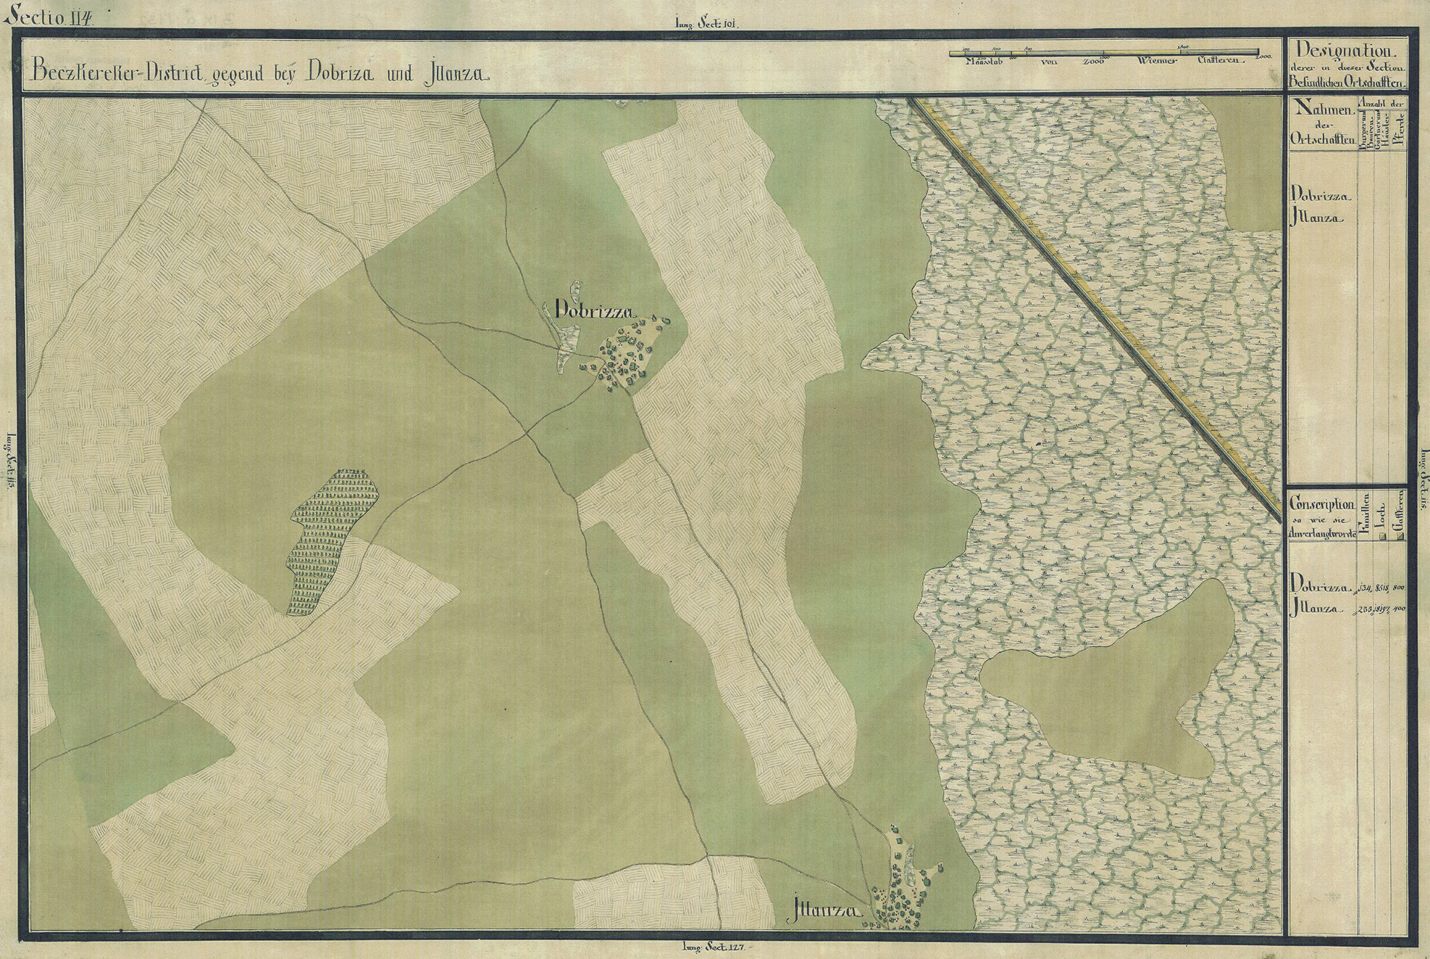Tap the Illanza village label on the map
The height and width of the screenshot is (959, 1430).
pyautogui.click(x=826, y=912)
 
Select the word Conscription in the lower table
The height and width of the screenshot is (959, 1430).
pyautogui.click(x=1322, y=505)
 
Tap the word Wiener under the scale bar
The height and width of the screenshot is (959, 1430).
pyautogui.click(x=1136, y=61)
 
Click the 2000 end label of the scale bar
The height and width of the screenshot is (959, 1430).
pyautogui.click(x=1263, y=58)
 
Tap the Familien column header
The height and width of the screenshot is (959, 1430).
pyautogui.click(x=1365, y=516)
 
